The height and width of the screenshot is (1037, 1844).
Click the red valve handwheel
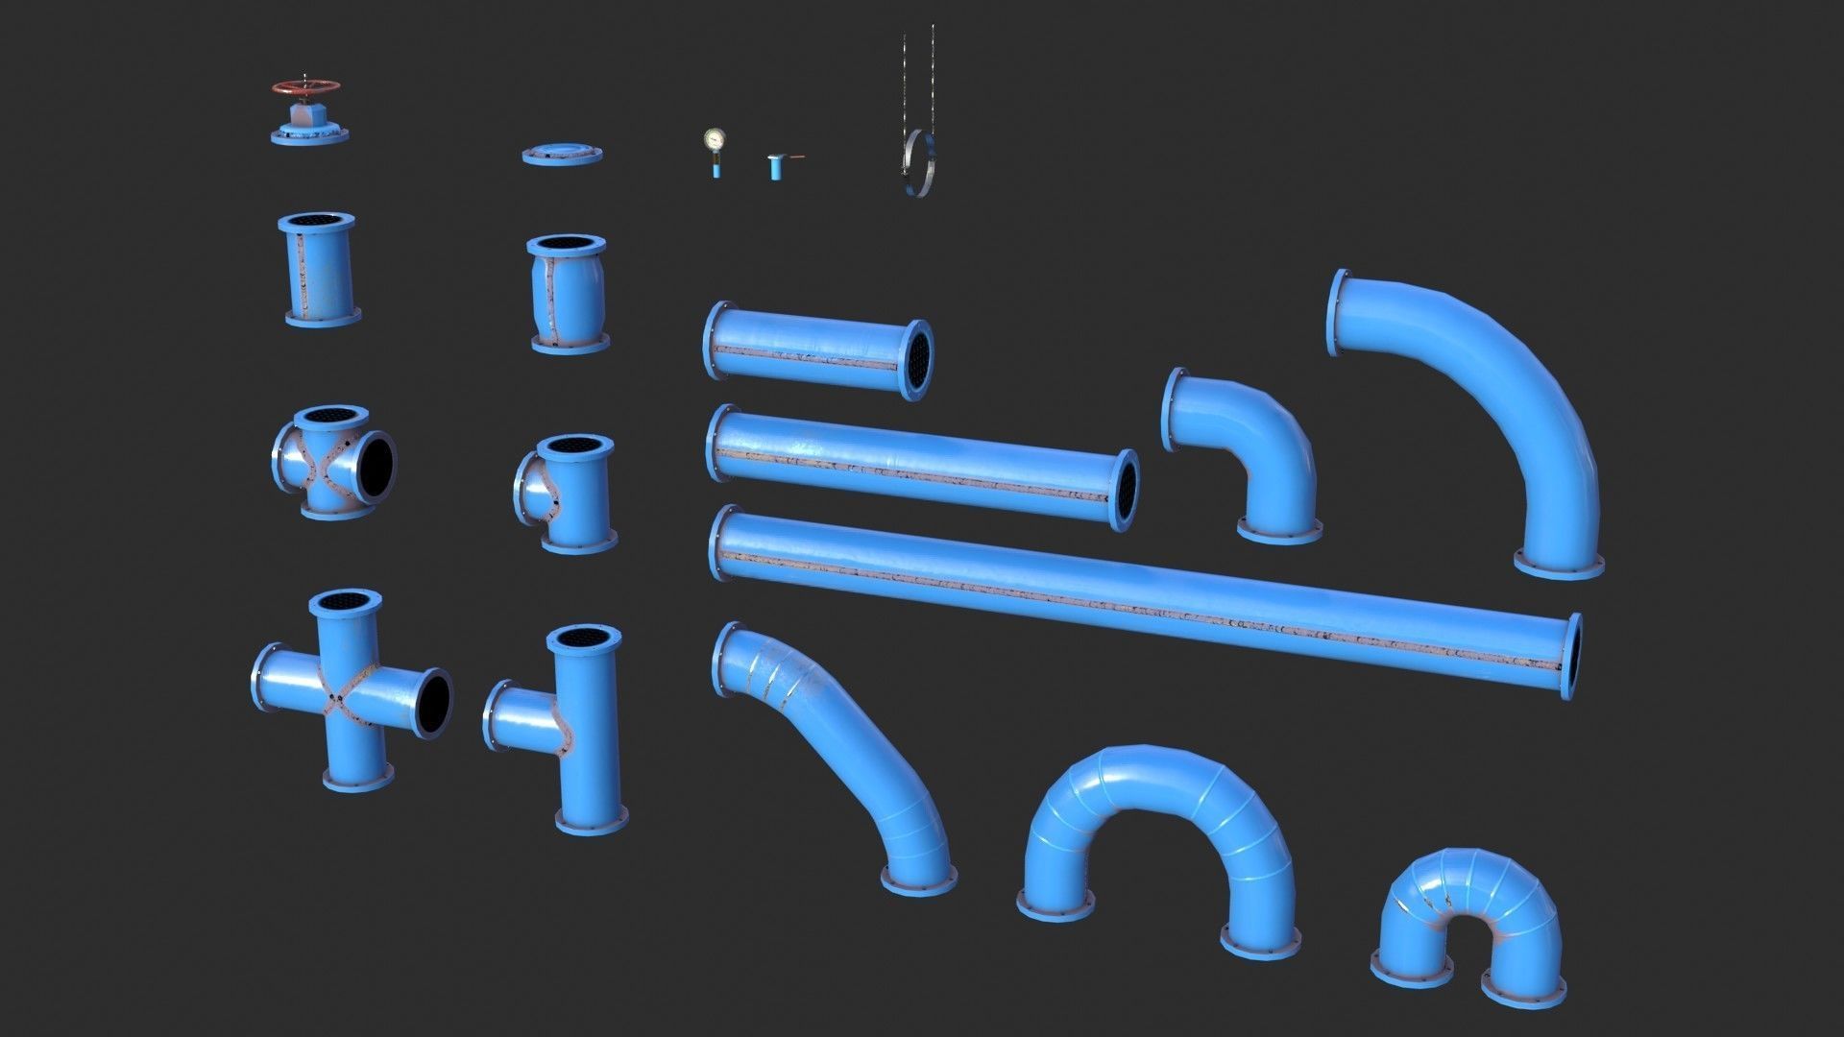coord(304,87)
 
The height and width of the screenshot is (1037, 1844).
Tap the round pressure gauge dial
coord(713,139)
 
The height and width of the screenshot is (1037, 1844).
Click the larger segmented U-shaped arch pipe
coord(1157,807)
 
